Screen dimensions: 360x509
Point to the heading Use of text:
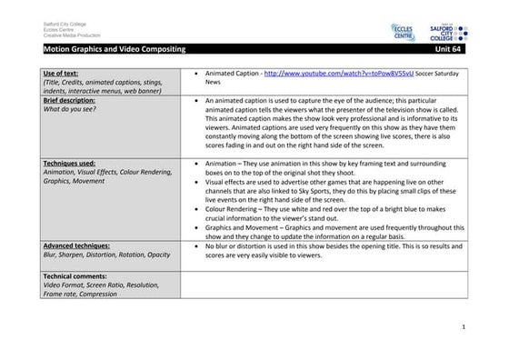tap(61, 72)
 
